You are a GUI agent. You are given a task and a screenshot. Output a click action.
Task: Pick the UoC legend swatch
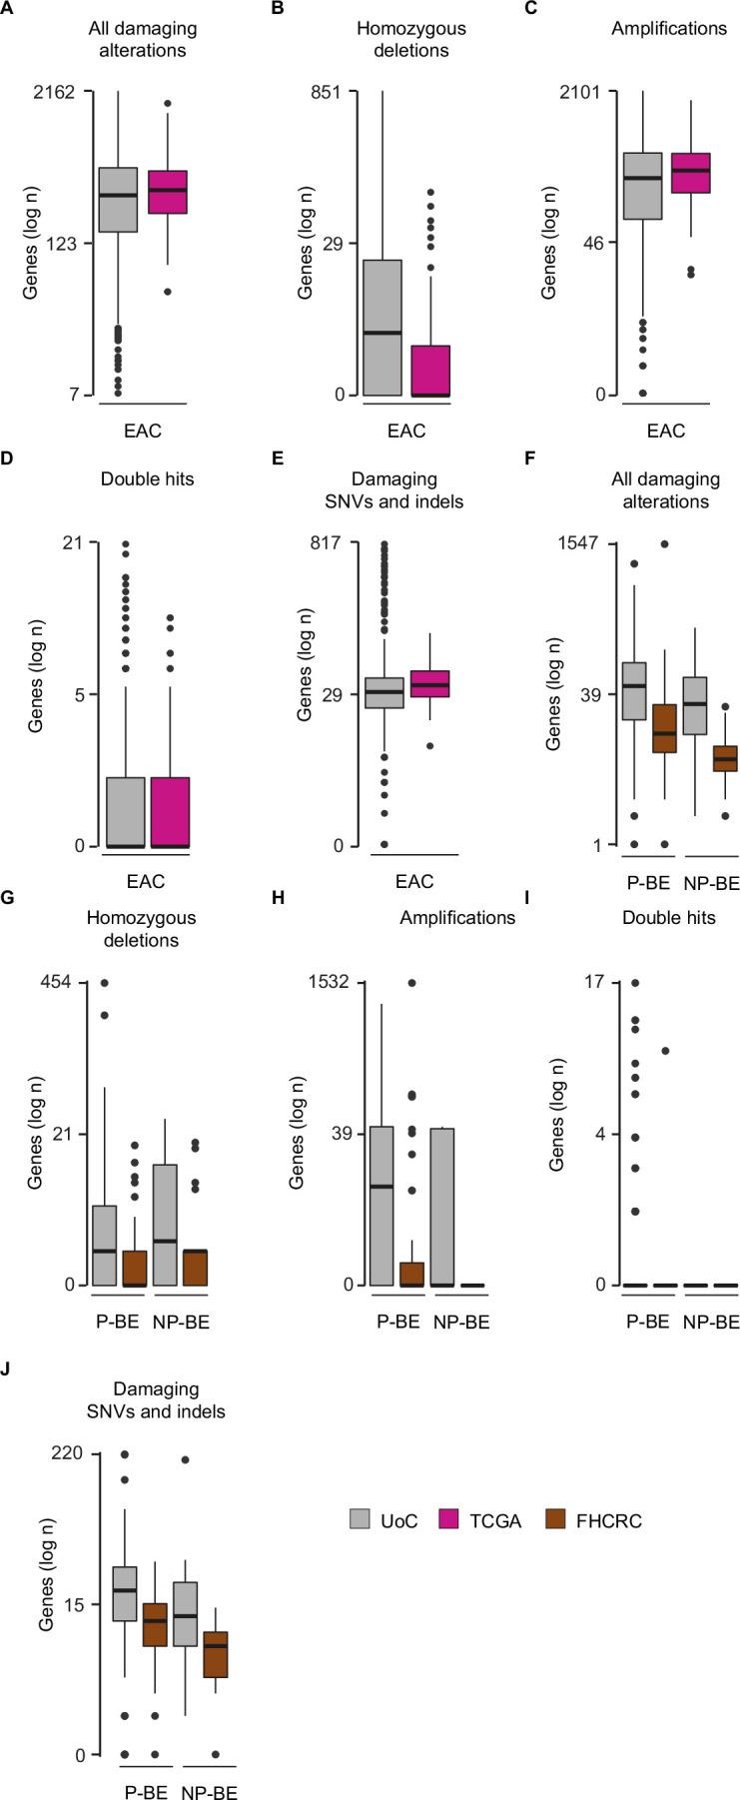361,1520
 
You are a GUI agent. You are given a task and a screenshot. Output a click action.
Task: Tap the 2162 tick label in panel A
54,92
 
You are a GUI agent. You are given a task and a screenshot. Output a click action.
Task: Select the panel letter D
8,479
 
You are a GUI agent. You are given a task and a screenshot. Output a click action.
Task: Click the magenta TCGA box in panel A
167,192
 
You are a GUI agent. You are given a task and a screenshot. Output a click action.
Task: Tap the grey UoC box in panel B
382,328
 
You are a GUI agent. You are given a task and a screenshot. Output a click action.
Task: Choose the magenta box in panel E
430,684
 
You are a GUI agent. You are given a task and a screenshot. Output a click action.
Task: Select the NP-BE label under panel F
711,883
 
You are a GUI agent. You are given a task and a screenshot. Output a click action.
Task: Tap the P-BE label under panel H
397,1322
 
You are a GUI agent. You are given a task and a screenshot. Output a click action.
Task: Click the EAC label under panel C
666,432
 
